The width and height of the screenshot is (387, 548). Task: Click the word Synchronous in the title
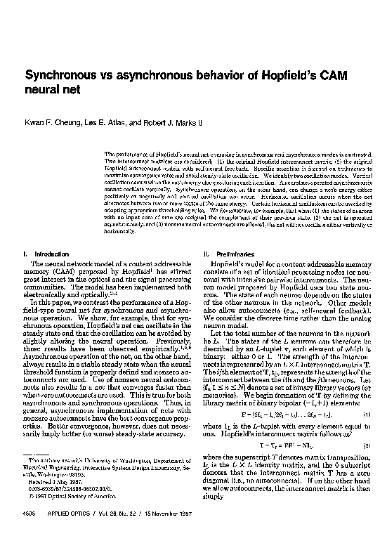pyautogui.click(x=60, y=74)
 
